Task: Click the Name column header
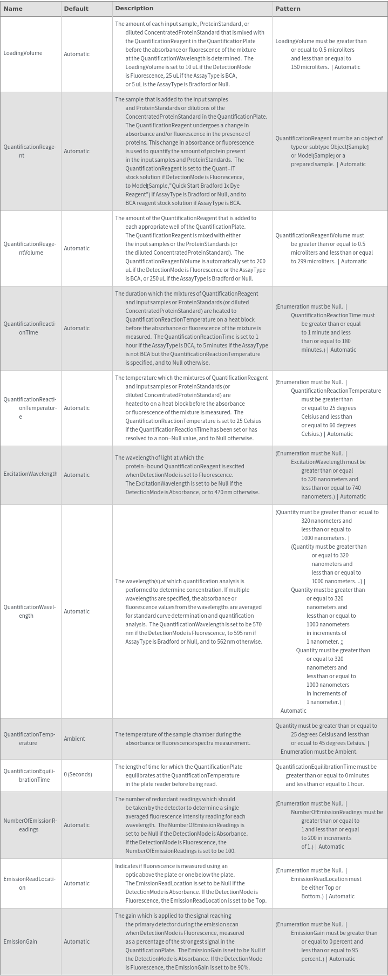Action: [13, 9]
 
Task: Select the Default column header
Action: [76, 9]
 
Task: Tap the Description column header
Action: [134, 8]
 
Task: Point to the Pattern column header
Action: [288, 9]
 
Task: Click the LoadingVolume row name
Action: [23, 53]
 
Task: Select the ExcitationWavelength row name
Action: [30, 474]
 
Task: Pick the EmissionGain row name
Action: [21, 941]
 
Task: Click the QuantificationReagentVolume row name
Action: [30, 248]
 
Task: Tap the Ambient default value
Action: [74, 739]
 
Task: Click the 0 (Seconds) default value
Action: [78, 774]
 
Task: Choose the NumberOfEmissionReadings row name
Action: [30, 825]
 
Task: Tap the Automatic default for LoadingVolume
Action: [77, 54]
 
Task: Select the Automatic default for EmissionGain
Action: [77, 941]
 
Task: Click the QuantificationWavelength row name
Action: [30, 611]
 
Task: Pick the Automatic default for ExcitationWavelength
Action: [77, 475]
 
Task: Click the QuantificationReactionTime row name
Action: [30, 328]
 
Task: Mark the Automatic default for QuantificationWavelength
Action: [77, 611]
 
